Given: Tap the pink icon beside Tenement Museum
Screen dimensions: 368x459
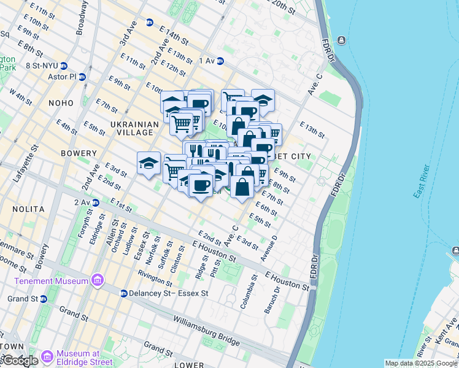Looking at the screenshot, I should [x=97, y=280].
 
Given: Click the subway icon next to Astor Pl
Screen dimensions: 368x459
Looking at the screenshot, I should [x=82, y=77].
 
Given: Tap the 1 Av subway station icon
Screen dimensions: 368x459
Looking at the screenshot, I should [x=220, y=61].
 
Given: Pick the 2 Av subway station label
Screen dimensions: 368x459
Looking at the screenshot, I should [x=82, y=202].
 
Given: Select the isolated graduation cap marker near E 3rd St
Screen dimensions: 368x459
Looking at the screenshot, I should [x=148, y=163].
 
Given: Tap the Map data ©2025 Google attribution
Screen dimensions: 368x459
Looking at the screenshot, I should [x=421, y=363].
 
